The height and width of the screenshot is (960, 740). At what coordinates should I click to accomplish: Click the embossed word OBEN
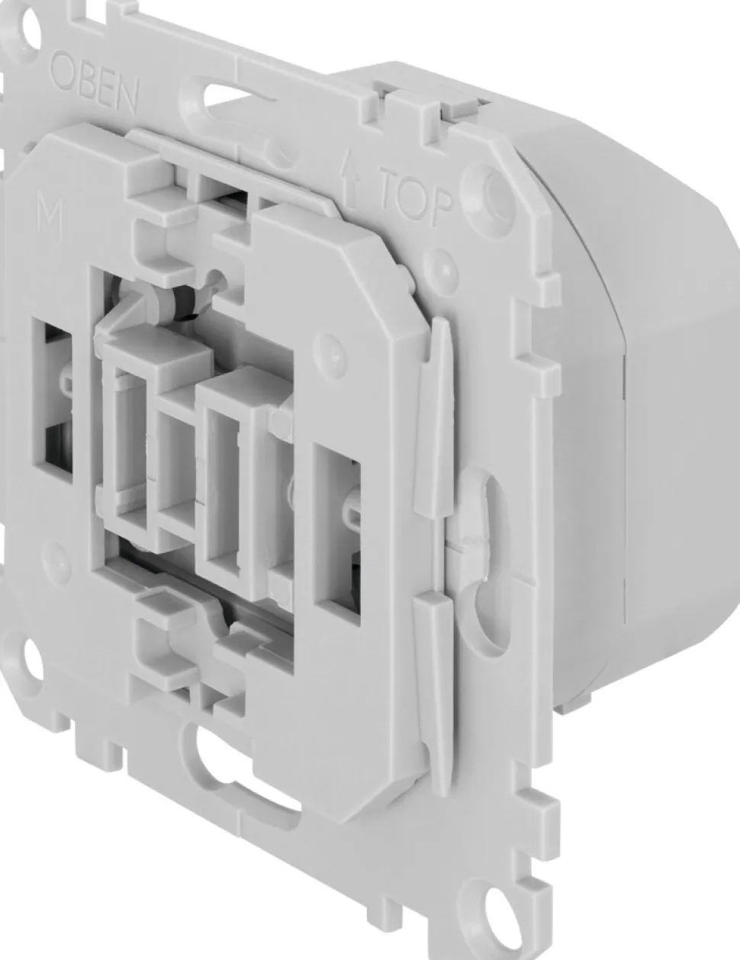(x=94, y=86)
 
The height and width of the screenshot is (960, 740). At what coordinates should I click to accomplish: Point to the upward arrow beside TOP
(x=350, y=182)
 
